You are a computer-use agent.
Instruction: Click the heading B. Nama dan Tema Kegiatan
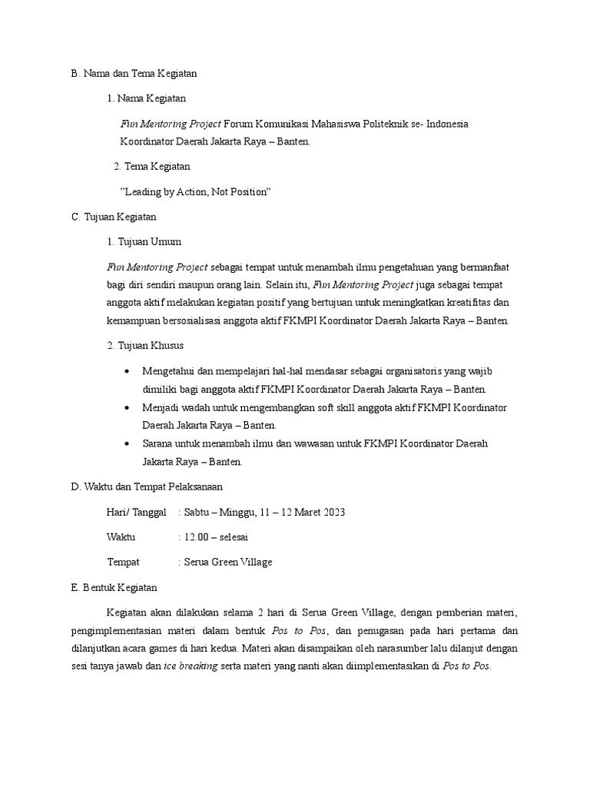click(x=134, y=74)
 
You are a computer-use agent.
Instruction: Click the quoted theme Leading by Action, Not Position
click(x=197, y=191)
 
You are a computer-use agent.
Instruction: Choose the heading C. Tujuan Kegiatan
click(x=114, y=218)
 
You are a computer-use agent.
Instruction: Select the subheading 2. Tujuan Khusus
click(x=145, y=346)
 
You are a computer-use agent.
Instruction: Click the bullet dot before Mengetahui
click(x=126, y=372)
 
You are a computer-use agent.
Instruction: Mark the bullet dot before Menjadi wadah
click(x=126, y=408)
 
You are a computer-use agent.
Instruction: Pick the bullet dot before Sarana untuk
click(x=126, y=444)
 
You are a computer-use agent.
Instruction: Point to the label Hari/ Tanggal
click(x=136, y=513)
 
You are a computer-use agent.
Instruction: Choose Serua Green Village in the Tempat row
click(x=228, y=562)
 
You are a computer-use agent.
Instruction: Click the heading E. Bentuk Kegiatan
click(x=114, y=587)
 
